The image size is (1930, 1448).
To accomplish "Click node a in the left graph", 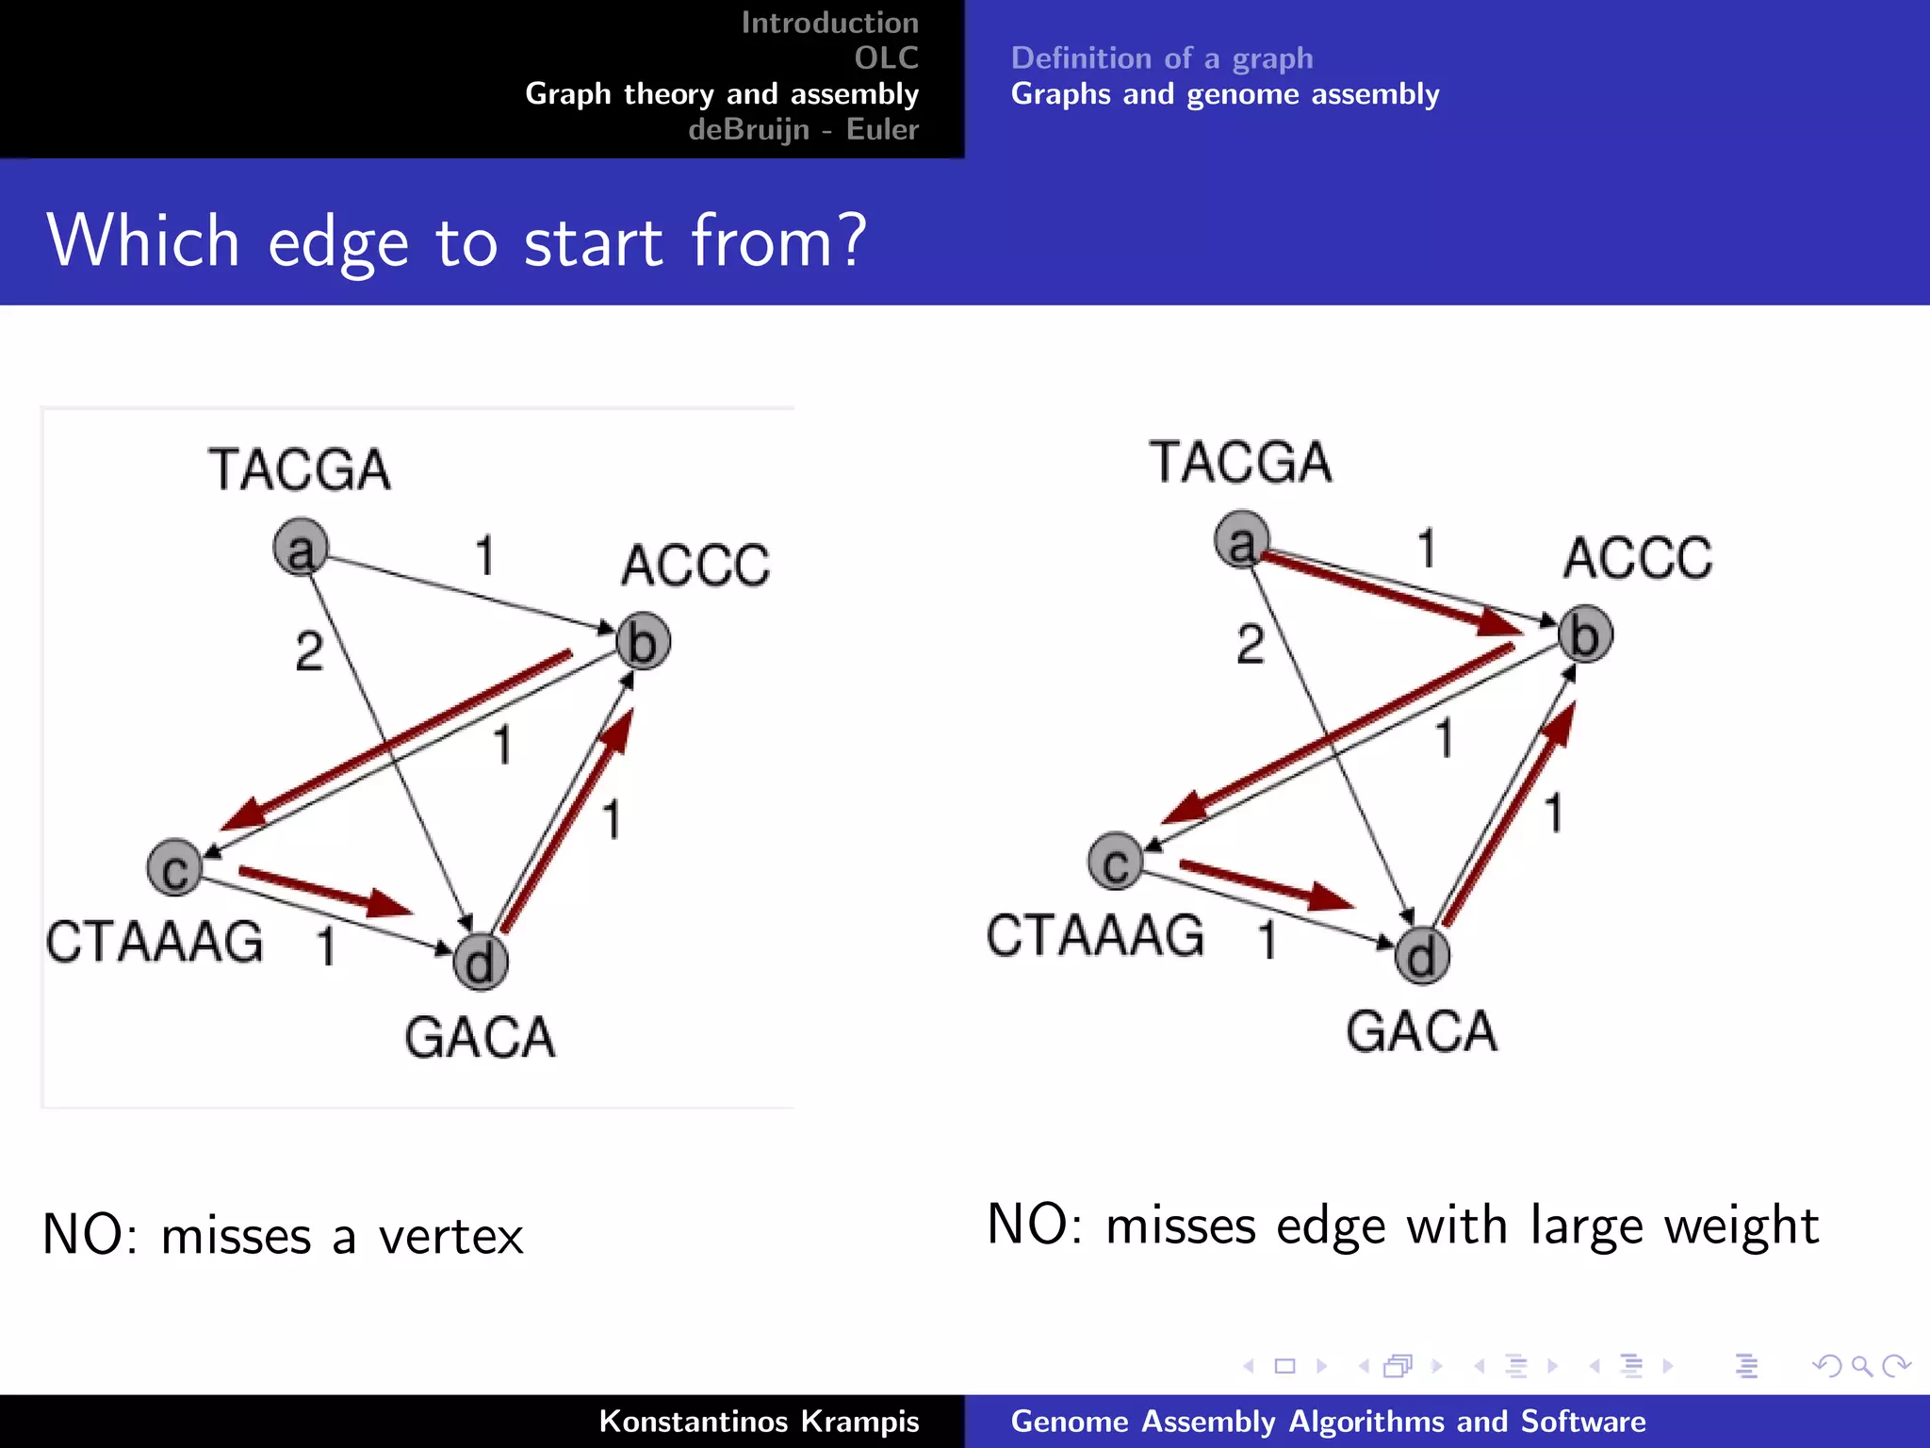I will coord(300,547).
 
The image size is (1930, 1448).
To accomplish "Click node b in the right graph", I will coord(1584,634).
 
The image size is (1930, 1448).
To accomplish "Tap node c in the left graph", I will coord(174,867).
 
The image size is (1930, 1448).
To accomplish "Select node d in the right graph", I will coord(1421,956).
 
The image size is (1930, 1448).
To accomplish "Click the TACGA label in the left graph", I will coord(299,469).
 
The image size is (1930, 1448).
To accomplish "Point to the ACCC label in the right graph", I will coord(1637,558).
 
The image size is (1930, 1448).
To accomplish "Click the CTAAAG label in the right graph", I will coord(1095,936).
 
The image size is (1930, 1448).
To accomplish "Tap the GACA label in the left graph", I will coord(480,1038).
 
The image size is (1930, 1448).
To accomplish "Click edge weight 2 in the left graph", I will coord(309,651).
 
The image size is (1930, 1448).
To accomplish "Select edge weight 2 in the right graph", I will coord(1251,645).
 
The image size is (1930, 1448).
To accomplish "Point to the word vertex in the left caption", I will coord(450,1236).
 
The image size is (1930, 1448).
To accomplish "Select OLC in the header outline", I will coord(886,58).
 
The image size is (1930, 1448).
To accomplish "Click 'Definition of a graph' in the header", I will coord(1161,58).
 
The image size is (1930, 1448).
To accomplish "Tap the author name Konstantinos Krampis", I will coord(759,1421).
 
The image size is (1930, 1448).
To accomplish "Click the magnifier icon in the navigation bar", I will coord(1861,1365).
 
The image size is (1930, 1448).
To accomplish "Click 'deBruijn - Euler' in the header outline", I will coord(803,129).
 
